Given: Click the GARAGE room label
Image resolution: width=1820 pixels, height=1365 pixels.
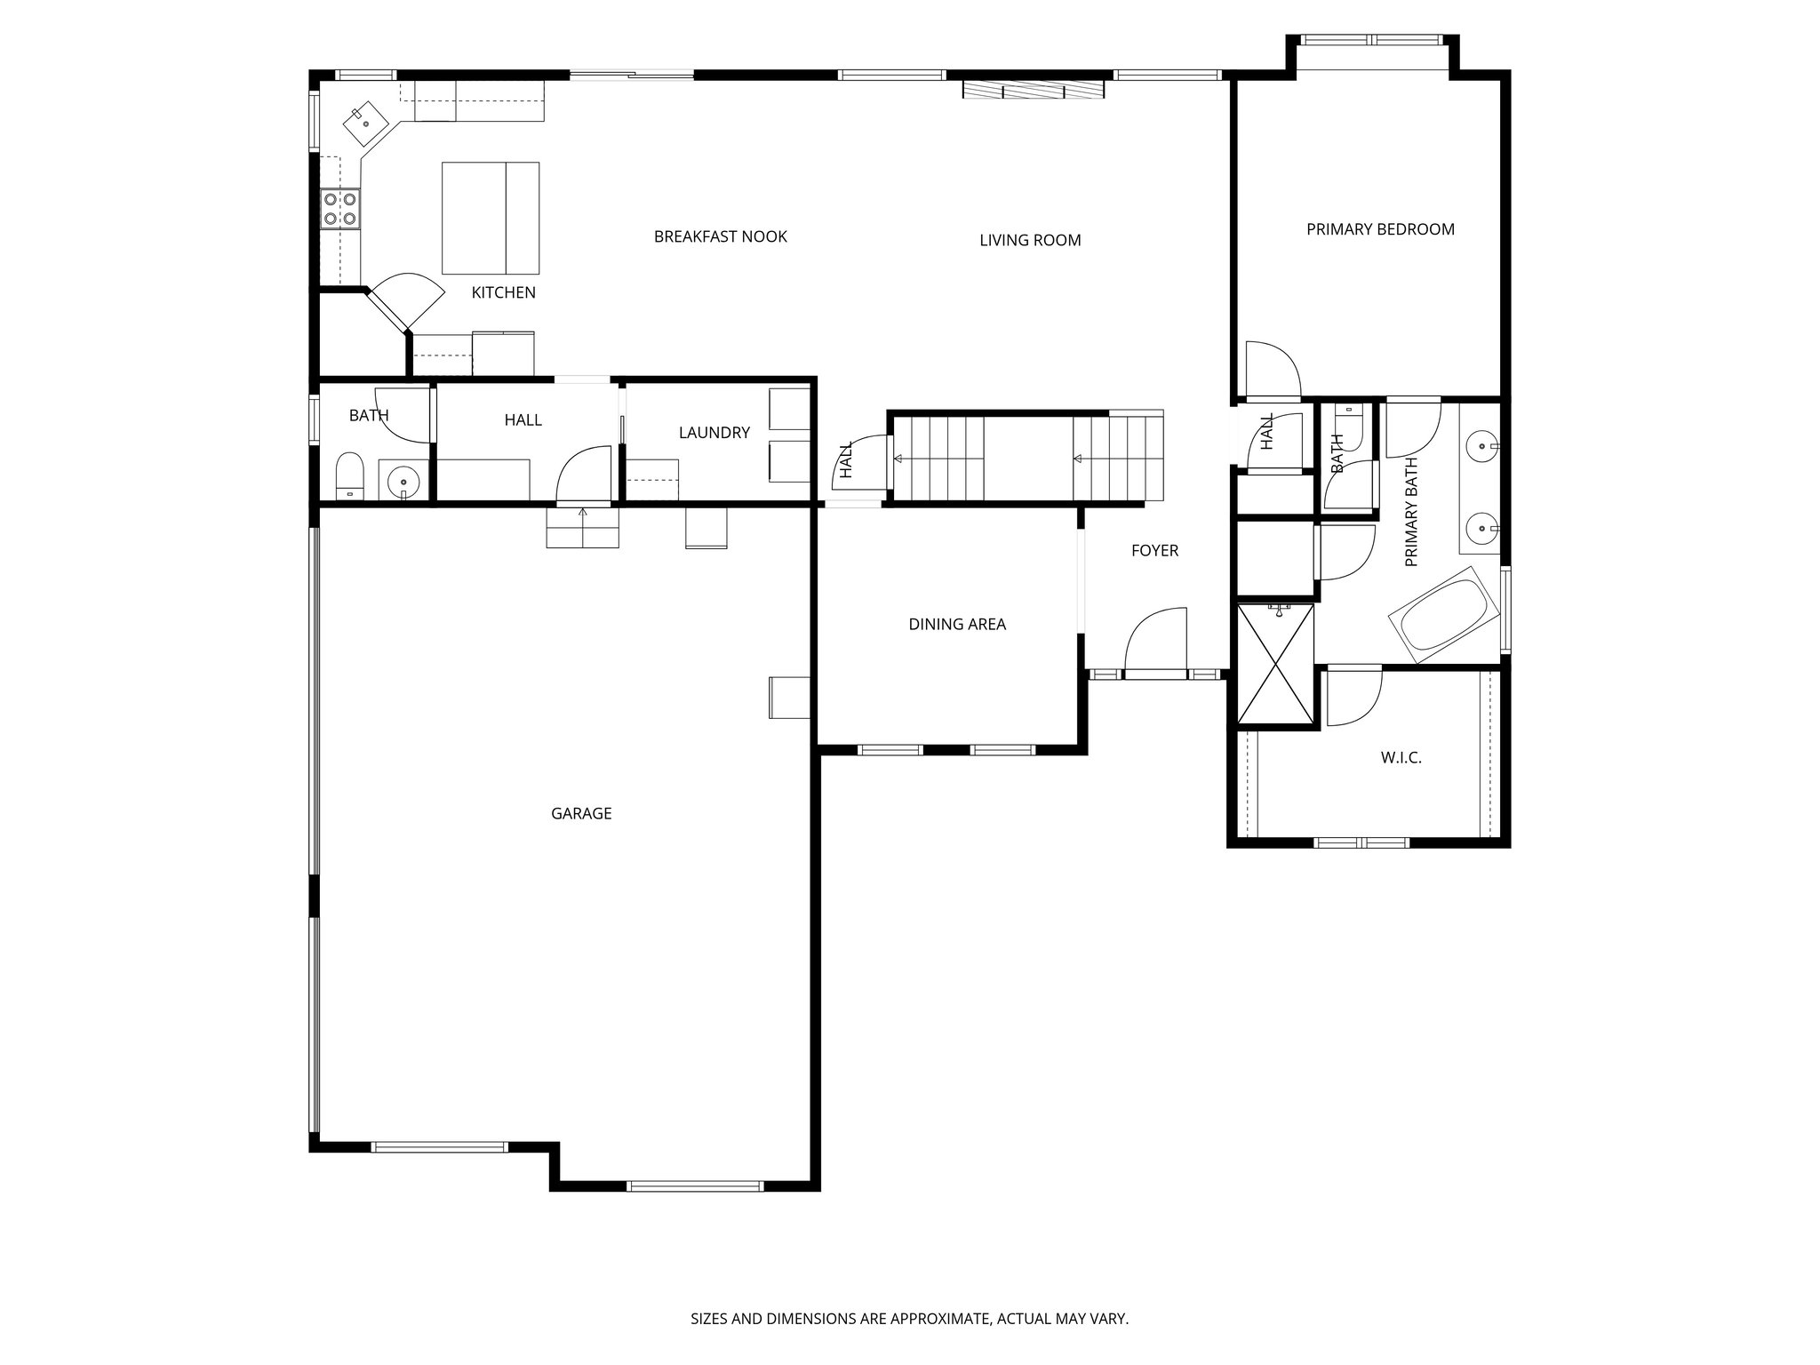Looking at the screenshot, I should pos(581,813).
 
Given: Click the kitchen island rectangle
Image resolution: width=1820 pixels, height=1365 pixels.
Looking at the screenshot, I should pos(491,218).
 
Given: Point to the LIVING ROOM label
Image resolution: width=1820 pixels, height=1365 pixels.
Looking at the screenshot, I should pos(1030,240).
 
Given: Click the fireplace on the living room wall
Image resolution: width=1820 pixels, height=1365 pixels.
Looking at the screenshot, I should pos(1033,90).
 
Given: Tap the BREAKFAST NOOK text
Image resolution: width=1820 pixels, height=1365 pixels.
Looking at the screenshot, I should pos(720,236).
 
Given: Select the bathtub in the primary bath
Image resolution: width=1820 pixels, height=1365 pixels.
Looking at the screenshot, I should pos(1444,615).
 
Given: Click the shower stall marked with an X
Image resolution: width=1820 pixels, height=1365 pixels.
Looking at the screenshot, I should pos(1276,663).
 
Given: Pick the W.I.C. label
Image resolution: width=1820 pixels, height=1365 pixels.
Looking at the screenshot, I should pos(1401,758).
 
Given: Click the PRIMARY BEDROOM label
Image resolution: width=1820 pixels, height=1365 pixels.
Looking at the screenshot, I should pos(1380,229).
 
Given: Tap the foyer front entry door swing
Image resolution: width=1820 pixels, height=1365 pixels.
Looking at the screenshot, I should pos(1155,642).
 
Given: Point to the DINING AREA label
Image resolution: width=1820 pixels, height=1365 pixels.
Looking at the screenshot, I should pos(957,625).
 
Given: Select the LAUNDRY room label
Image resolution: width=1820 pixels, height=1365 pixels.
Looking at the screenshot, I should pos(714,433).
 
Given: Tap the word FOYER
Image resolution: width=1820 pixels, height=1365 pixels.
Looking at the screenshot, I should pos(1154,551).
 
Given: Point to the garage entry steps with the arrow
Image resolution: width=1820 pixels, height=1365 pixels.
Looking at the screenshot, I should pos(582,527).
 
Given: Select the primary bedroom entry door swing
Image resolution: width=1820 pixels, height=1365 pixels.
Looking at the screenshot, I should pos(1272,369).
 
